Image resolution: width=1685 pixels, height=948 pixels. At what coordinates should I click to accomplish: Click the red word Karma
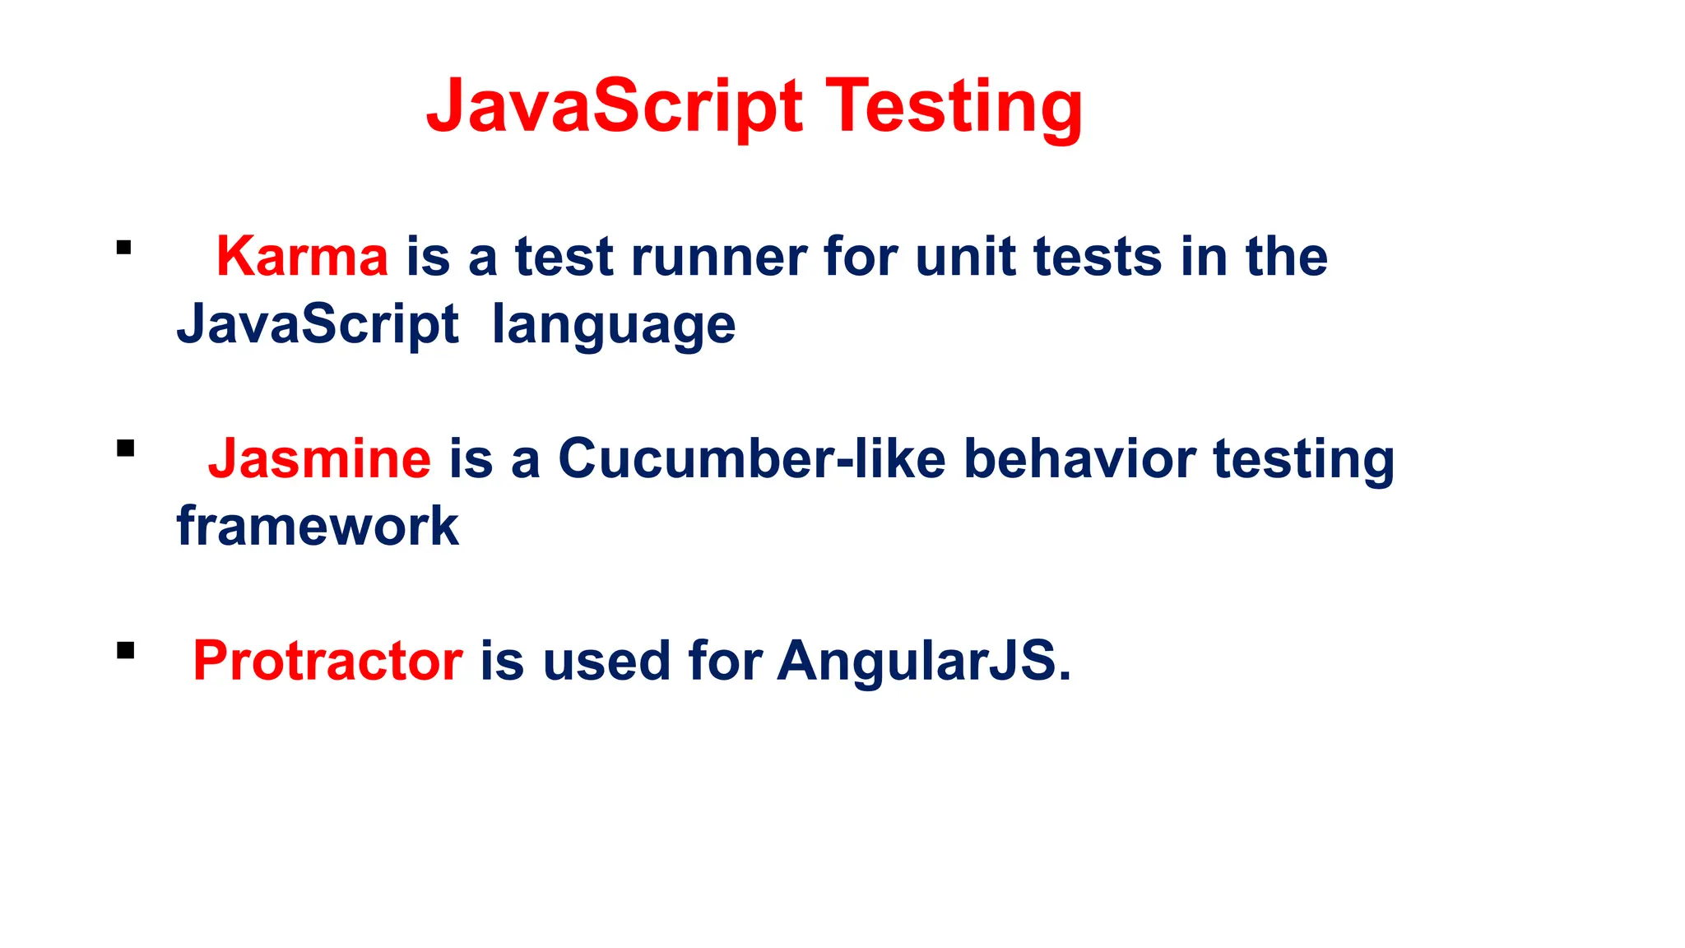click(x=301, y=257)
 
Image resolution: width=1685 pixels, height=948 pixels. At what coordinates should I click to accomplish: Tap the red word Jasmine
click(x=319, y=458)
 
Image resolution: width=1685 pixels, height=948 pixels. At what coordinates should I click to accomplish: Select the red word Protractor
click(x=327, y=661)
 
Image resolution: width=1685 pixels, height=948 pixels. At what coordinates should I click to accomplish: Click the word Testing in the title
click(x=954, y=107)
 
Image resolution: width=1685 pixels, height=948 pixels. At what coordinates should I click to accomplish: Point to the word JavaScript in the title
click(x=614, y=107)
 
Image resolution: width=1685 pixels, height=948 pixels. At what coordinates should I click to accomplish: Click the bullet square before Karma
click(x=124, y=248)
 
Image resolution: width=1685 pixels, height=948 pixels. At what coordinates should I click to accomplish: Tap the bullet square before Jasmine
click(x=125, y=448)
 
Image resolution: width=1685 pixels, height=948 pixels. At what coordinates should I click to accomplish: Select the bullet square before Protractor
click(x=125, y=651)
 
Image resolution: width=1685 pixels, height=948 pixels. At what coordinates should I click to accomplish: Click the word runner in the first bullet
click(x=718, y=257)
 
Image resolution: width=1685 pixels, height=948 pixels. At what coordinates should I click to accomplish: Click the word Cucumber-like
click(x=751, y=458)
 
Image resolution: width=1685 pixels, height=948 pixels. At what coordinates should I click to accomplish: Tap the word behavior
click(x=1079, y=458)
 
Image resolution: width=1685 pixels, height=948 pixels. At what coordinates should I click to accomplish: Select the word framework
click(x=318, y=527)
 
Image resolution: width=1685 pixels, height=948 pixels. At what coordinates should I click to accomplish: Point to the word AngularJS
click(x=917, y=661)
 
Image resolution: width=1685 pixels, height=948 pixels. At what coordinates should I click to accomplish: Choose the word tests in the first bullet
click(x=1097, y=257)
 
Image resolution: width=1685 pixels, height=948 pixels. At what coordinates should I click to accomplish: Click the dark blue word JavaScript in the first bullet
click(x=318, y=324)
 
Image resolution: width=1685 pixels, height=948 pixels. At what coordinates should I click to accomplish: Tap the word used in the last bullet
click(x=606, y=661)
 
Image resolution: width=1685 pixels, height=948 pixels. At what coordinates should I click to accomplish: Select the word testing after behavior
click(x=1303, y=460)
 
